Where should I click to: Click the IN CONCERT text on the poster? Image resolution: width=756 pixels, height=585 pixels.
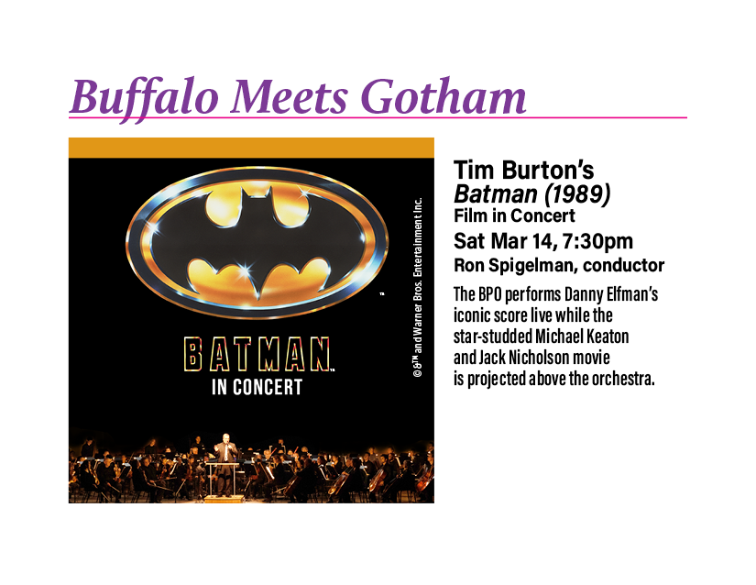coord(257,386)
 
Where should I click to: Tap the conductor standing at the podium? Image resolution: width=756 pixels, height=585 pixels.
coord(225,456)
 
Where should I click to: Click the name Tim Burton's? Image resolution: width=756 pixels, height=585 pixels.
coord(524,171)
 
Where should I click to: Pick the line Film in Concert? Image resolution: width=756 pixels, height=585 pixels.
coord(514,216)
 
